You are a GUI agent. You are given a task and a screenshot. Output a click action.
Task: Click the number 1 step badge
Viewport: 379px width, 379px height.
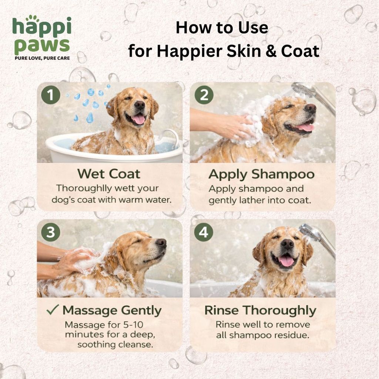click(50, 95)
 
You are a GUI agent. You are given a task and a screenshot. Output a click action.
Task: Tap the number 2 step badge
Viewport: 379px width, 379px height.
click(204, 95)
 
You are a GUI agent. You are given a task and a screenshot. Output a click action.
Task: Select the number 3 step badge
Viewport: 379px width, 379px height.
click(50, 232)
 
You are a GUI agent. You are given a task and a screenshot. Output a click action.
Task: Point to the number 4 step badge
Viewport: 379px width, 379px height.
click(204, 232)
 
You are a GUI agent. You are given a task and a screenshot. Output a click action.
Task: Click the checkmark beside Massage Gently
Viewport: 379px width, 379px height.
click(53, 310)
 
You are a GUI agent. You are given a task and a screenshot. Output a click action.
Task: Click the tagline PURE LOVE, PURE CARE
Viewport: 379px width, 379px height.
click(42, 58)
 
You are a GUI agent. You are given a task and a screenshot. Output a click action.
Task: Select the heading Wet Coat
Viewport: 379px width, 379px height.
click(109, 174)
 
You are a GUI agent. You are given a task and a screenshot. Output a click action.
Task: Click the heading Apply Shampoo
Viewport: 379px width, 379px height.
click(262, 175)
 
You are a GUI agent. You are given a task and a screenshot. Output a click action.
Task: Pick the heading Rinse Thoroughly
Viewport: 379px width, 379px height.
click(260, 311)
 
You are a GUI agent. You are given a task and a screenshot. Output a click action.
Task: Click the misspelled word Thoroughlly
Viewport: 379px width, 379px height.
click(80, 188)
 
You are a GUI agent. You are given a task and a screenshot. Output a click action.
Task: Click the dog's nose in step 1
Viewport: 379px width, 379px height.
click(140, 105)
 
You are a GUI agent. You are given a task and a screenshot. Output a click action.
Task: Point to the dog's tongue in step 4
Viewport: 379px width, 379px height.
click(286, 261)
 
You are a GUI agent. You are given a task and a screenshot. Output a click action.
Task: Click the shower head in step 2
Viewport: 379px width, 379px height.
click(303, 90)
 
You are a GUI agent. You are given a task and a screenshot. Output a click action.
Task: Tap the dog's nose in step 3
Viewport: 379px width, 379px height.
click(161, 243)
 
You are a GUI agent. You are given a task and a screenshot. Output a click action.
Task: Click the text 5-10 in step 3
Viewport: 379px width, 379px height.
click(133, 325)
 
